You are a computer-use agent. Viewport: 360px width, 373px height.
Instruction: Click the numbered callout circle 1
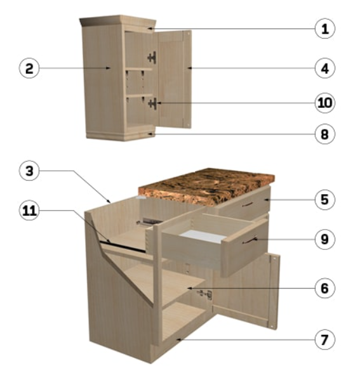coord(325,29)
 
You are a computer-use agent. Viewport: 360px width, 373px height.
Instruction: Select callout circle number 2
coord(29,69)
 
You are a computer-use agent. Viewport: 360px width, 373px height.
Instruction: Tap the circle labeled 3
coord(29,171)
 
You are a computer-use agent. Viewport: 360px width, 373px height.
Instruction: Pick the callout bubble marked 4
coord(325,69)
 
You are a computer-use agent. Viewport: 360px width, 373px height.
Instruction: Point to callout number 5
coord(325,200)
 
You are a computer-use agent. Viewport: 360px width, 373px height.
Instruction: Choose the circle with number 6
coord(325,288)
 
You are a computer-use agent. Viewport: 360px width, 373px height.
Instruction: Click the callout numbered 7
coord(325,340)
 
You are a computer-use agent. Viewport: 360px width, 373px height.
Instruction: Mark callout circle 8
coord(325,134)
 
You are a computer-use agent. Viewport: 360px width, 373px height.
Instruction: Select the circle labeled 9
coord(325,239)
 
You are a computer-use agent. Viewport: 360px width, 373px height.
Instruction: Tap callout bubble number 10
coord(325,103)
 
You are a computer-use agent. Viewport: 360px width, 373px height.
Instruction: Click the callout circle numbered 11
coord(29,211)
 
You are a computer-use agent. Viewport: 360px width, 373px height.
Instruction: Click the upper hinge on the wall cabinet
coord(152,58)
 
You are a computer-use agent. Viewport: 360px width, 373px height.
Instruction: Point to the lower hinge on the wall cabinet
coord(153,104)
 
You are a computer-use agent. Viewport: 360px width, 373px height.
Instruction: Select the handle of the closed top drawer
coord(248,204)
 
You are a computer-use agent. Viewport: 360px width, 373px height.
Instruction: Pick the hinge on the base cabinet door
coord(204,294)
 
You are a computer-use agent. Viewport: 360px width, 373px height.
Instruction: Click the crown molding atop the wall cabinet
coord(118,22)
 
